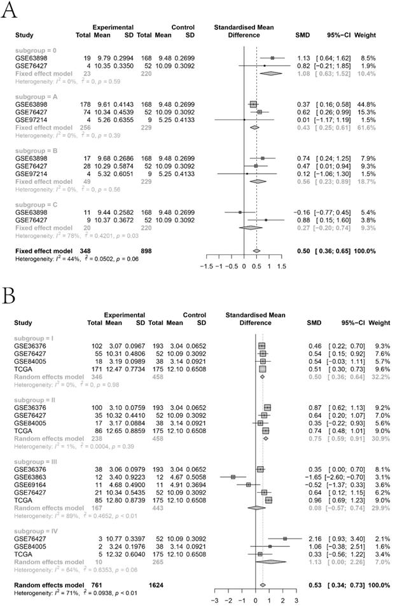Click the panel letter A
point(8,12)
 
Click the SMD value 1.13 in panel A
point(303,57)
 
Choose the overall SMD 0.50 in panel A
point(303,233)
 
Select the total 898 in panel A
point(151,233)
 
